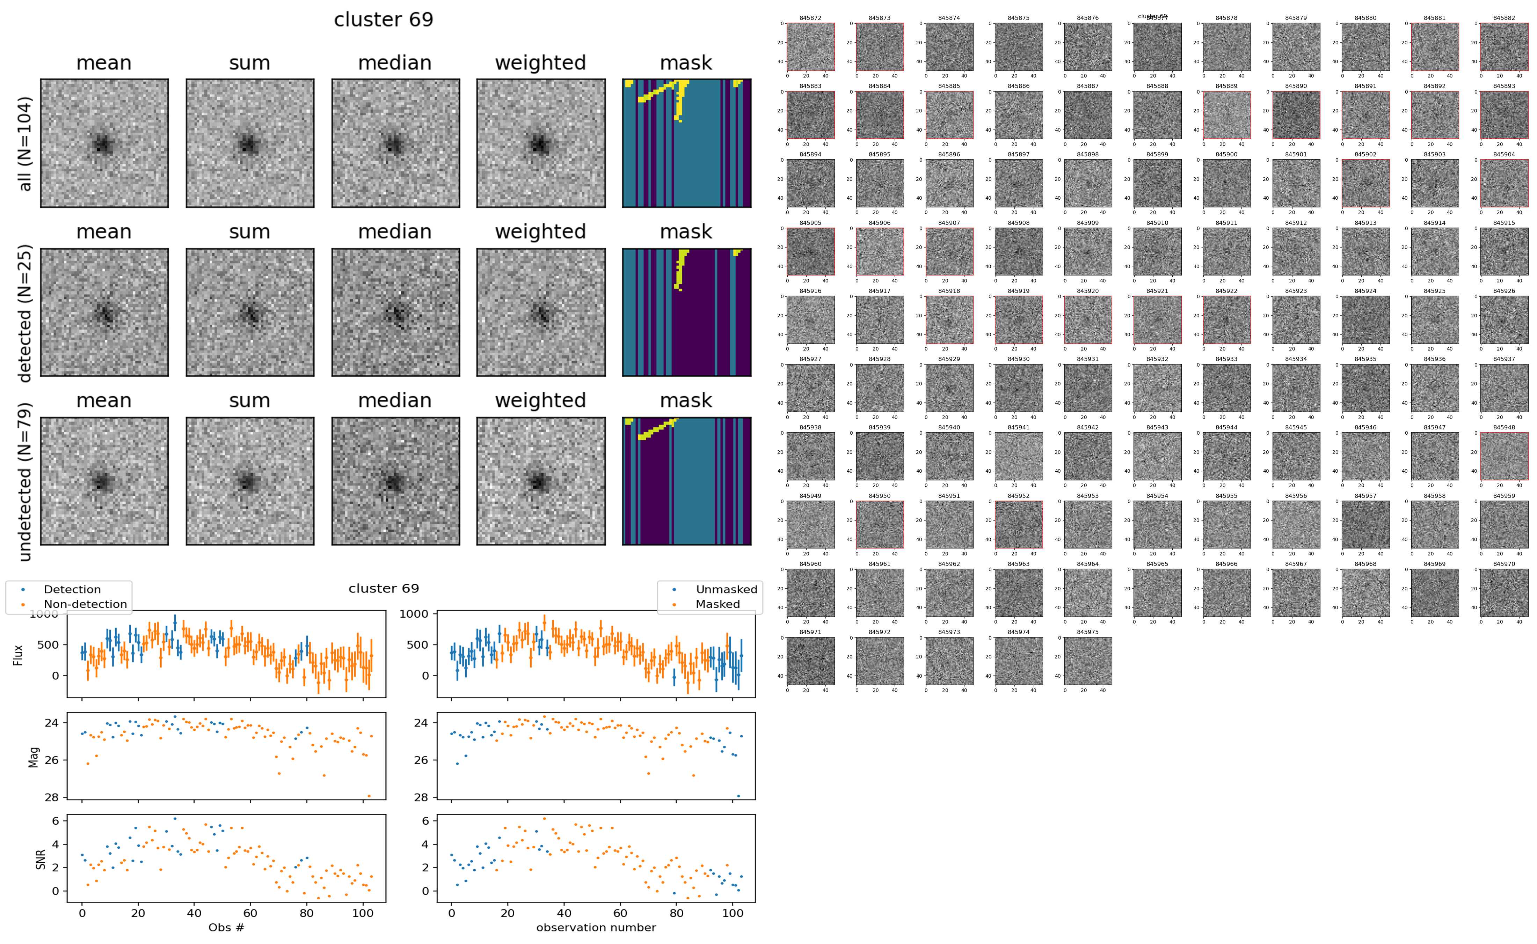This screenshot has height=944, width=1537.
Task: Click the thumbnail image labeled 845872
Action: click(810, 47)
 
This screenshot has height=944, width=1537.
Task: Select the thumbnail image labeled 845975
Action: click(1087, 661)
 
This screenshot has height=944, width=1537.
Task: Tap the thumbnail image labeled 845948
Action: click(1504, 456)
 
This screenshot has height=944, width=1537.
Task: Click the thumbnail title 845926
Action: click(1504, 291)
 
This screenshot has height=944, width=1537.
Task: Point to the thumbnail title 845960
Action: click(810, 564)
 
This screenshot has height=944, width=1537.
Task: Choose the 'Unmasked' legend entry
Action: click(726, 589)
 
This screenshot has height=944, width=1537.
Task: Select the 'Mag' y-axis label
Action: click(34, 757)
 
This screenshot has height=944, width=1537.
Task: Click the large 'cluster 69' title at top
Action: click(384, 20)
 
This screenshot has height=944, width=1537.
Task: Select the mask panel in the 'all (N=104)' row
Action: click(686, 143)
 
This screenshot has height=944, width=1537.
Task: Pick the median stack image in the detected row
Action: click(395, 312)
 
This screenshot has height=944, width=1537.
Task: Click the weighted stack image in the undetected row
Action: click(541, 481)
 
